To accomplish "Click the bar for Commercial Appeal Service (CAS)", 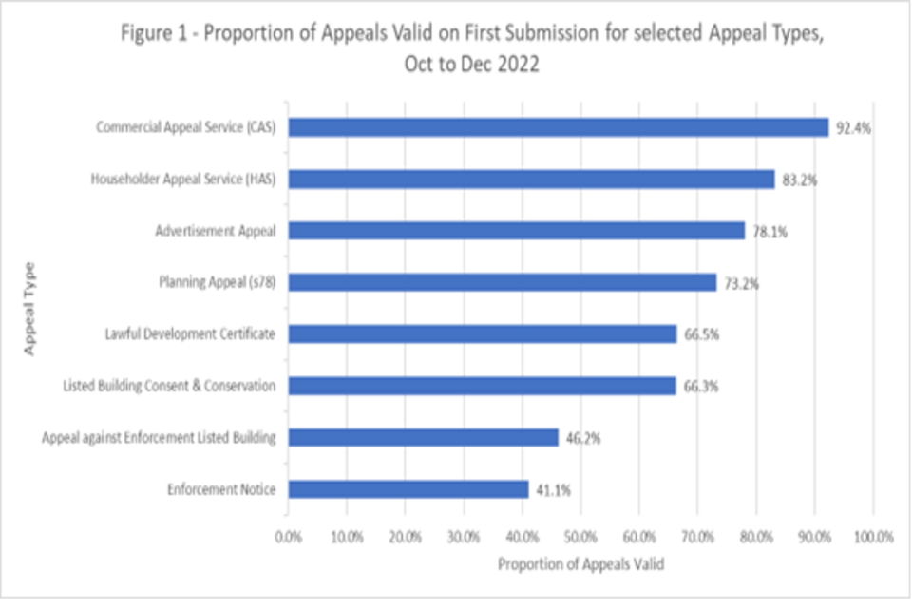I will [558, 127].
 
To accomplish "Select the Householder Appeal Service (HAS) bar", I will [531, 179].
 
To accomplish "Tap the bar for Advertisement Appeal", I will [516, 230].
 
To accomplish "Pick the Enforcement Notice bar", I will [408, 489].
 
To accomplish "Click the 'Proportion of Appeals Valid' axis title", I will [580, 563].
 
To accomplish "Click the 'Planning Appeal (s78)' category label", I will [216, 282].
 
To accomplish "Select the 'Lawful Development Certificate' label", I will [191, 334].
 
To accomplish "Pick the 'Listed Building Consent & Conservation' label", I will [169, 386].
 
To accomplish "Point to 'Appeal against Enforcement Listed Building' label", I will [159, 438].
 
